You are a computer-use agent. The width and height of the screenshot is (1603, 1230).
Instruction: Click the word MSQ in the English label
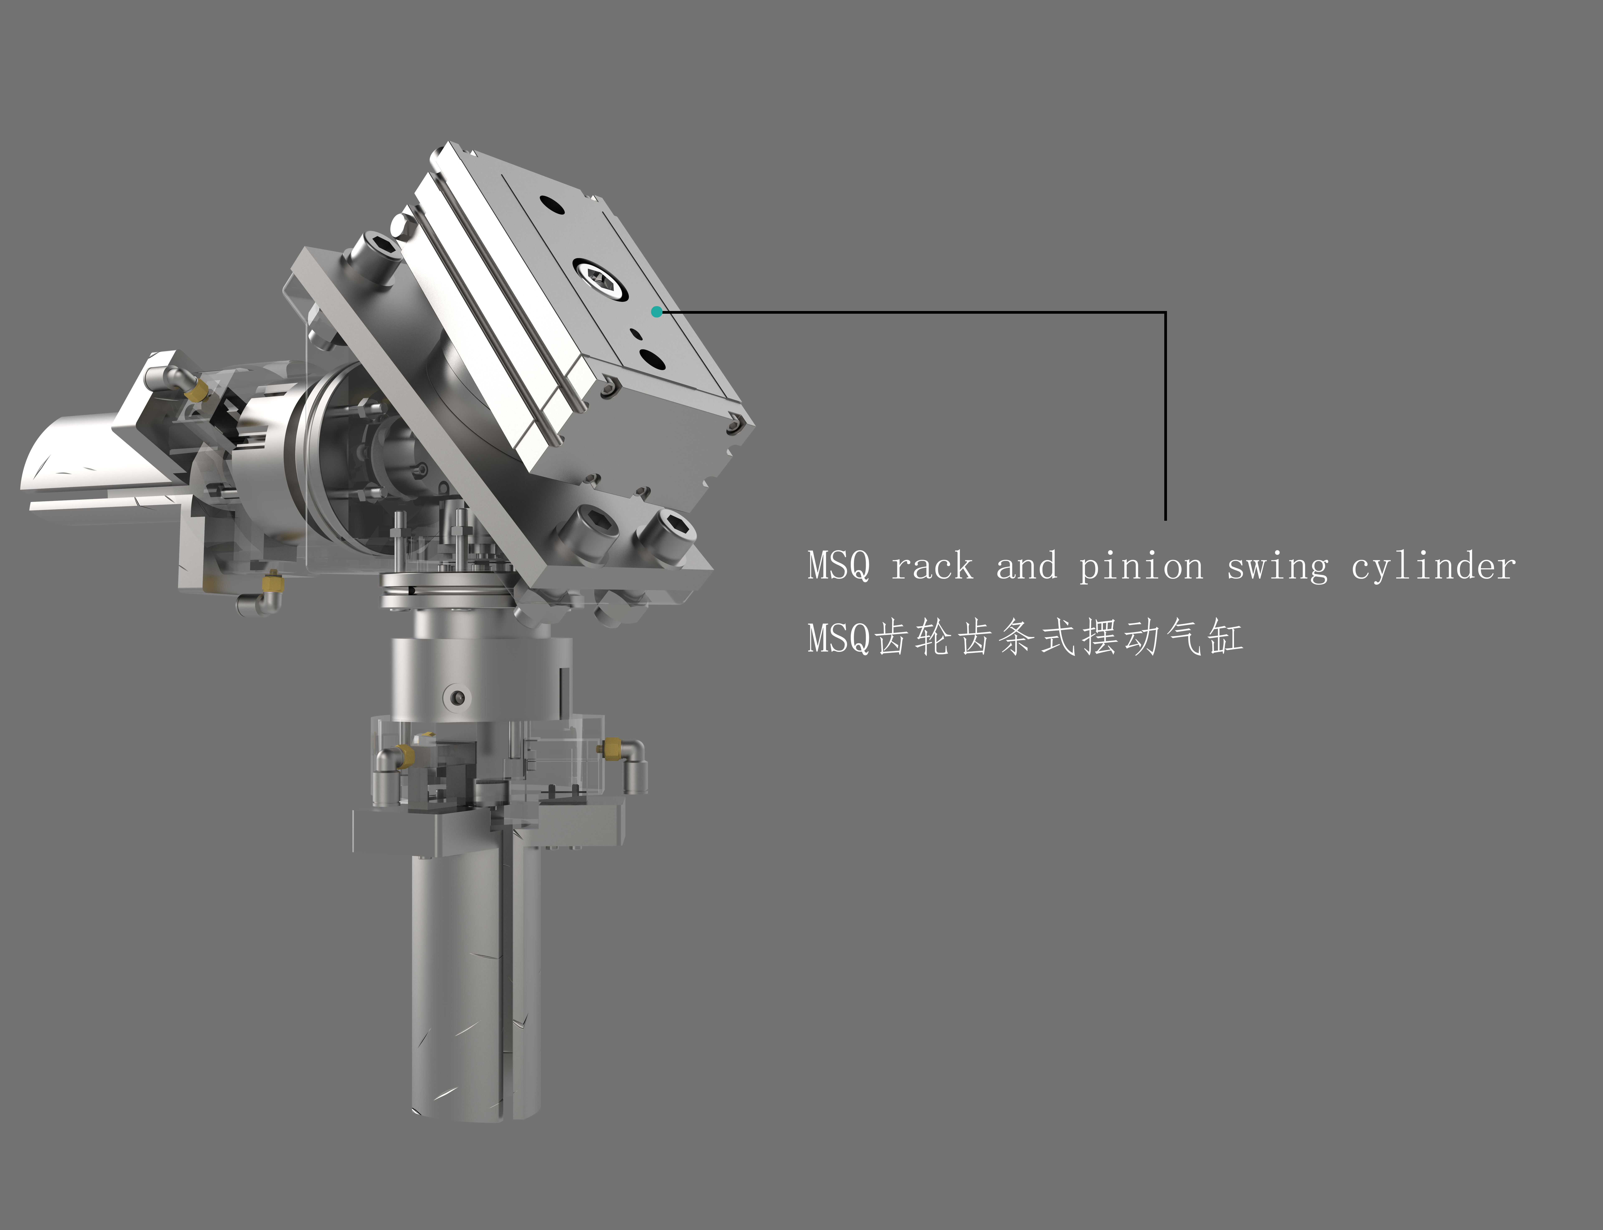coord(839,566)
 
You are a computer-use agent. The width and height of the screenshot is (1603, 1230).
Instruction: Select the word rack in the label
coord(932,566)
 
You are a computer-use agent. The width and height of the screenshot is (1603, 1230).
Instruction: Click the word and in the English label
coord(1026,566)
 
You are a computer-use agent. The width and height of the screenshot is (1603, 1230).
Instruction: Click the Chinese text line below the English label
coord(1025,637)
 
